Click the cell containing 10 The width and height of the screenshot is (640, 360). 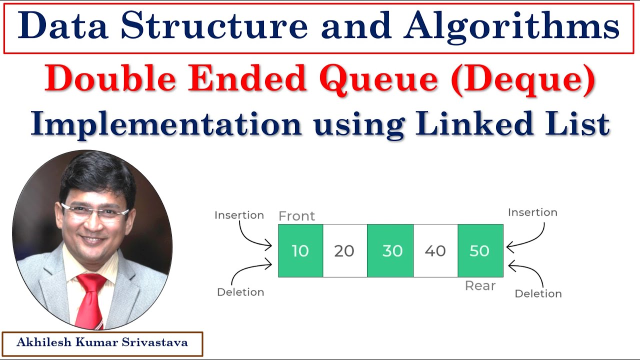point(300,250)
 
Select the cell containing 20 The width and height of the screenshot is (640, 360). point(344,250)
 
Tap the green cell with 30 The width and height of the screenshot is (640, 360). point(390,250)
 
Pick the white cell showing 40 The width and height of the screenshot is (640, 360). point(435,250)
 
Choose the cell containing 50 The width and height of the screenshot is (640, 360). point(480,250)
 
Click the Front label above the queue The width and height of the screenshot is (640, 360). point(296,216)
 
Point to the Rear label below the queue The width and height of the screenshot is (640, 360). point(480,285)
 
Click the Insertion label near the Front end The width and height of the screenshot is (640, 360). point(239,215)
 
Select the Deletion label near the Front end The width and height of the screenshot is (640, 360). point(240,292)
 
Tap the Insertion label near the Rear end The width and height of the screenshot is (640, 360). point(532,212)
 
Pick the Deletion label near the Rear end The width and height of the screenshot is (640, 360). point(538,293)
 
